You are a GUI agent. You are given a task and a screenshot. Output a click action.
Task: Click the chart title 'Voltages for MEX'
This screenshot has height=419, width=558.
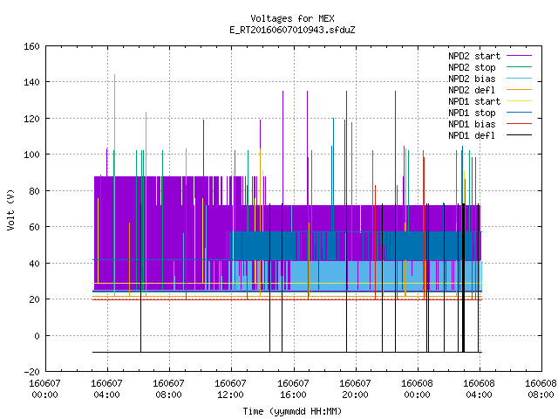point(292,18)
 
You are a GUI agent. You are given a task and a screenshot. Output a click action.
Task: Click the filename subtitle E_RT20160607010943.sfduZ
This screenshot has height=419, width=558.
point(292,30)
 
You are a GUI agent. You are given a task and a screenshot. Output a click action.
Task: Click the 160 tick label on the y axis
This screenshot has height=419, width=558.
point(31,46)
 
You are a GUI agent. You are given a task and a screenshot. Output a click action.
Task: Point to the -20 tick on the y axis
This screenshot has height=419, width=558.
point(31,372)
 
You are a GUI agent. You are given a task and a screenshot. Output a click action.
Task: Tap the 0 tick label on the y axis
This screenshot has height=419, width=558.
point(37,336)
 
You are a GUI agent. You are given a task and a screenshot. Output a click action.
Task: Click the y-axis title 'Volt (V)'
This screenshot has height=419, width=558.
point(10,209)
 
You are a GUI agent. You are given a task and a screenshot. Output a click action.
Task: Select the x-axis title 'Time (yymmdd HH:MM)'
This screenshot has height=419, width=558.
point(292,411)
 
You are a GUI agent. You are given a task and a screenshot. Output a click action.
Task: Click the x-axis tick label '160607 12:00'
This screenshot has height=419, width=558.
point(230,389)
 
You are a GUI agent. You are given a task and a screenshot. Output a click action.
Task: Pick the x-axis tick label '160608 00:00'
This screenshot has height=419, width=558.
point(417,389)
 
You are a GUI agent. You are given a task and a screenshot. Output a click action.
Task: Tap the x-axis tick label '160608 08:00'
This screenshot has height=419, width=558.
point(541,389)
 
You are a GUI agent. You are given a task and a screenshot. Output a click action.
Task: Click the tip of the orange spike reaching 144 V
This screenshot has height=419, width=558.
point(114,74)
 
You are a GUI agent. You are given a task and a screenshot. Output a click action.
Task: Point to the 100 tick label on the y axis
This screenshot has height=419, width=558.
point(31,155)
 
